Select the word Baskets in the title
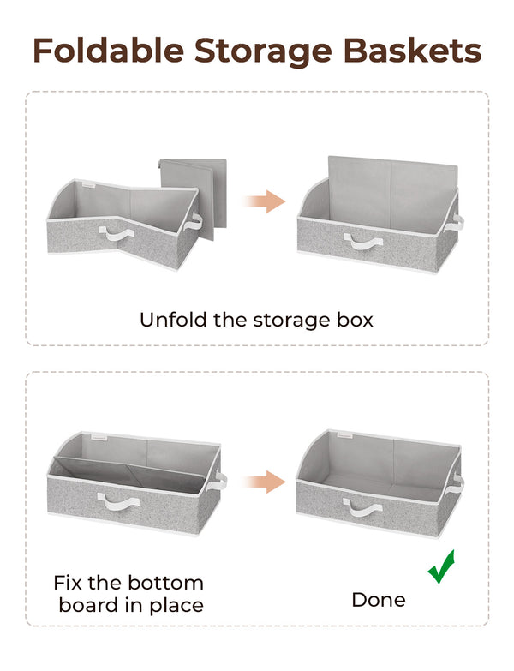[x=417, y=51]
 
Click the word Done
[x=379, y=600]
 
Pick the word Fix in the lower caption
[x=70, y=583]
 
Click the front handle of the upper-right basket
[x=364, y=243]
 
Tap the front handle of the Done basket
[x=364, y=512]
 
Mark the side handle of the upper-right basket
[x=457, y=223]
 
